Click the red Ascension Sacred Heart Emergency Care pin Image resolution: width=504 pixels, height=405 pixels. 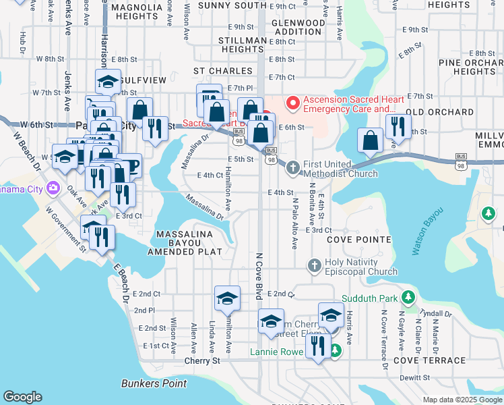293,103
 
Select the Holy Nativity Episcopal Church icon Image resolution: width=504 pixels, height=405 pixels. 314,265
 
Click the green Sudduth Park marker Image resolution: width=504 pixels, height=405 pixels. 407,297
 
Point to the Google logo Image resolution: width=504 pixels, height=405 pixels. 22,397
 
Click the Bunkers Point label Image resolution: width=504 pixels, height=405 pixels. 154,383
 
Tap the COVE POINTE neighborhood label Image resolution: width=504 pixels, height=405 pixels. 359,240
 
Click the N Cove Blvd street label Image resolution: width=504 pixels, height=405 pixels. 258,277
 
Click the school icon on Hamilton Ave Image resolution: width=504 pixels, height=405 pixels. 227,298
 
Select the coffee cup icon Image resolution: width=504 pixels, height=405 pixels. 129,165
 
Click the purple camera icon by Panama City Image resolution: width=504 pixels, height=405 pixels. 52,188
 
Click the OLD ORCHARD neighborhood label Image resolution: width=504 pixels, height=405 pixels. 439,112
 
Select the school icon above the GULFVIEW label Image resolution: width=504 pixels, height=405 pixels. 108,82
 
